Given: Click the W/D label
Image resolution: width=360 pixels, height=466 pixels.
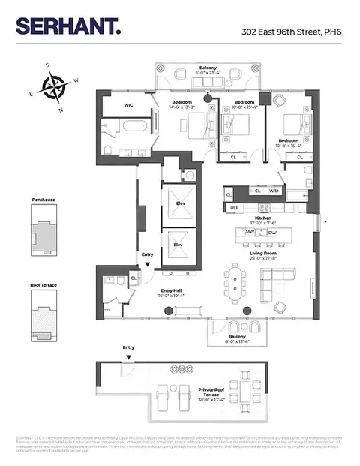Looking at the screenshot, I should coord(274,191).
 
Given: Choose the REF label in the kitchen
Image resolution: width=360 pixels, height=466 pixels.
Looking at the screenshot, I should coord(235,207).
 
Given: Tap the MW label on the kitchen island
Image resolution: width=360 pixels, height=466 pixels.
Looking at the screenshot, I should coord(250,232).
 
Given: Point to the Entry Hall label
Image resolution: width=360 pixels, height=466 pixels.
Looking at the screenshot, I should coord(174,293).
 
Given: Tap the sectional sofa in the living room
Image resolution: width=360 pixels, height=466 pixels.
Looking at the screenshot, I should coord(277,284).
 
